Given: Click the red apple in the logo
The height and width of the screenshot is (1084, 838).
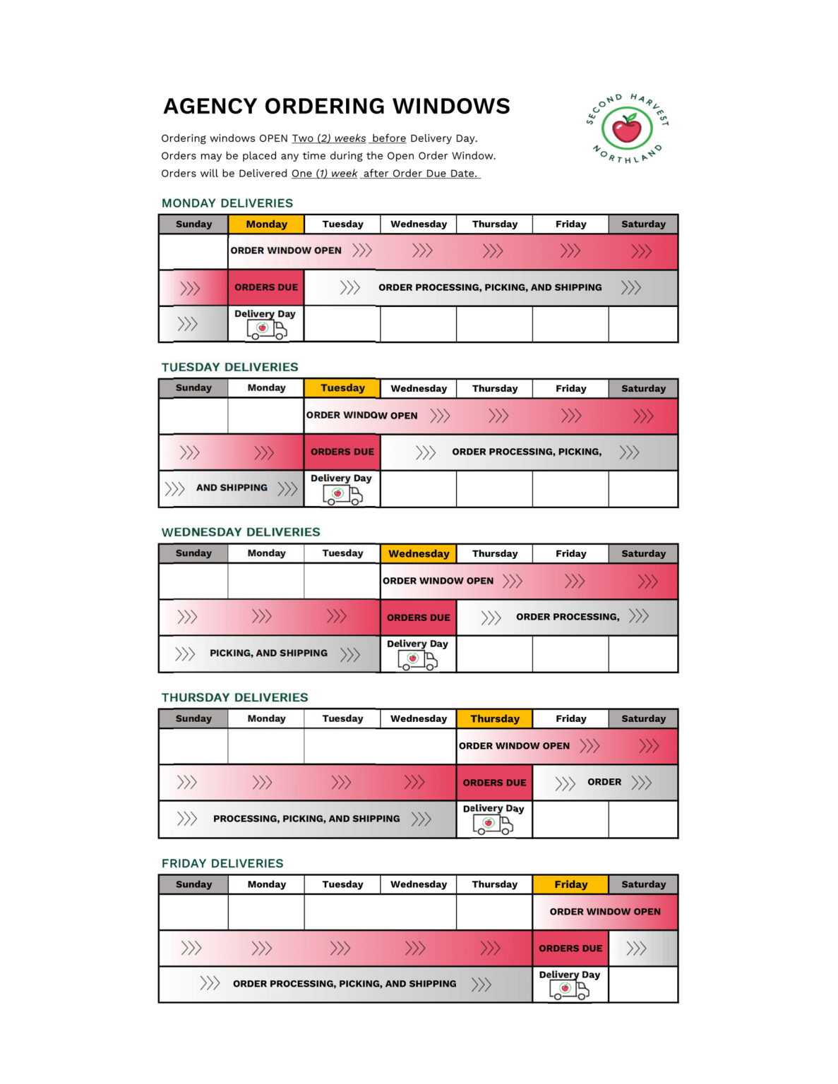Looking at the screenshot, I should tap(626, 129).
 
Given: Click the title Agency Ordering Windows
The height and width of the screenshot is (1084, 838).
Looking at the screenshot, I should tap(337, 106).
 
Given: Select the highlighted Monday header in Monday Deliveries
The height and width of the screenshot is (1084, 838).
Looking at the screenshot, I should tap(266, 224).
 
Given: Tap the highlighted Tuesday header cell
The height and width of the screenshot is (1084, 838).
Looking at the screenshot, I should tap(342, 388).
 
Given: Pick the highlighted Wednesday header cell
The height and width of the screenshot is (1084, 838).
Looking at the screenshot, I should tap(419, 554).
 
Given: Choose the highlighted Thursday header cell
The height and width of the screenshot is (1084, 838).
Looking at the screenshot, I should tap(495, 719).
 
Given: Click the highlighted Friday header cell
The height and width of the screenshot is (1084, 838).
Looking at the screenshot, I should tap(570, 884).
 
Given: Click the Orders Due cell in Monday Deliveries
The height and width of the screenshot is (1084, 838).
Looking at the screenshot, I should tap(266, 287).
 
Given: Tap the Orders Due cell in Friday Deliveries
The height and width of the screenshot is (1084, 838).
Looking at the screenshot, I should tap(570, 948).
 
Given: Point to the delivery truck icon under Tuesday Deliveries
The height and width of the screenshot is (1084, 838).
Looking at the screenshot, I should tap(342, 495).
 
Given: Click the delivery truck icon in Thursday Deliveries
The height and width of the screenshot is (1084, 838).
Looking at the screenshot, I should tap(493, 824).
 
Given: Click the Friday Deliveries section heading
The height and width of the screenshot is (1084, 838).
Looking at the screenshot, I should tap(222, 863).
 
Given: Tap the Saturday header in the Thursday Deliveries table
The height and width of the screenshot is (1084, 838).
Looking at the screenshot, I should tap(643, 719).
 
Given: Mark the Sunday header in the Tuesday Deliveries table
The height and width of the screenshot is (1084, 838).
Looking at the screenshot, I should tap(193, 388).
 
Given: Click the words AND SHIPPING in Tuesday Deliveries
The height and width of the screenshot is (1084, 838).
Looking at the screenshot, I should tap(232, 488).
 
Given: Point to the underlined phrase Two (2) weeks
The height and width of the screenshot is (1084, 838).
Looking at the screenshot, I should tap(329, 138).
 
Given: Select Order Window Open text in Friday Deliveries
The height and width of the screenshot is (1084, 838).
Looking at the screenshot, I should tap(605, 912).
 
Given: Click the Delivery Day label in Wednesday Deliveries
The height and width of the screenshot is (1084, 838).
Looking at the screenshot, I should tap(417, 644).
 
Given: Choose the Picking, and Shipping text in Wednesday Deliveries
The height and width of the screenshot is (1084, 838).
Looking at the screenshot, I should tap(268, 654).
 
